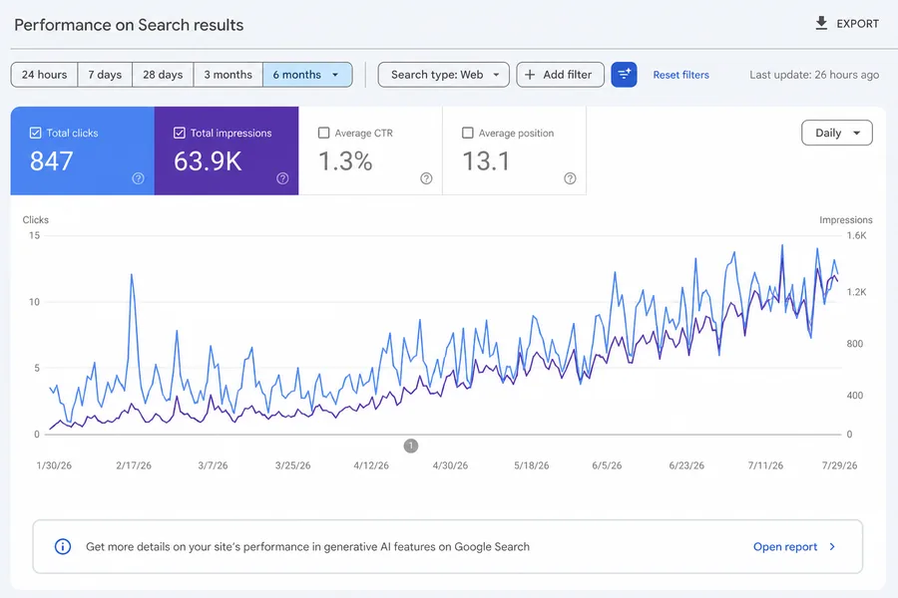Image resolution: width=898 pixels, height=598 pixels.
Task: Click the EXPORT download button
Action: coord(846,24)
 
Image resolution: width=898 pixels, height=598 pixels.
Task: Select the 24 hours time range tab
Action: coord(44,75)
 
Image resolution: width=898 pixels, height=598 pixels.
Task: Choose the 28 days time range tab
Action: coord(163,75)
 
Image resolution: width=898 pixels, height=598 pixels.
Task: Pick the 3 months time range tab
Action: coord(227,75)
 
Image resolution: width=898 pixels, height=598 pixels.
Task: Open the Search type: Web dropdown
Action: coord(443,75)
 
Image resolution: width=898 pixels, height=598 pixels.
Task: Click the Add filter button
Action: coord(560,75)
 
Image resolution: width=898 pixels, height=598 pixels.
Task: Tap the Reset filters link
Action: coord(680,75)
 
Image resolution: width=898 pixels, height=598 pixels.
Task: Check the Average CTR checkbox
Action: coord(323,133)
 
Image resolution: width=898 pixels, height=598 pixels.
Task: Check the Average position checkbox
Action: coord(467,133)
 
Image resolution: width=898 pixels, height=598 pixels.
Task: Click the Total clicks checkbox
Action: coord(36,133)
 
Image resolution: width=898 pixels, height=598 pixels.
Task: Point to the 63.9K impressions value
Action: coord(208,161)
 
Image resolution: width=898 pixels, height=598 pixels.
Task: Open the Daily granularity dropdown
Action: coord(837,133)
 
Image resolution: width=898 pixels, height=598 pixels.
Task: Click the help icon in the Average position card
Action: coord(570,178)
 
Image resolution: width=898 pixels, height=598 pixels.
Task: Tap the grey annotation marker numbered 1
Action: coord(411,446)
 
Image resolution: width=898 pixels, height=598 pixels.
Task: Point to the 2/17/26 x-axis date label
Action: coord(134,465)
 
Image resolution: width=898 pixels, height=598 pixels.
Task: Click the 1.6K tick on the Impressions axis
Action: coord(856,235)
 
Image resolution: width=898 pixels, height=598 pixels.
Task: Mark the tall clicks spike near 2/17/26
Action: coord(132,275)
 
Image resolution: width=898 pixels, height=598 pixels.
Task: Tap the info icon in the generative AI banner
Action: coord(63,546)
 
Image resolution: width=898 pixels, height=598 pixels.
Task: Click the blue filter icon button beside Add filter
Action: coord(624,75)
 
